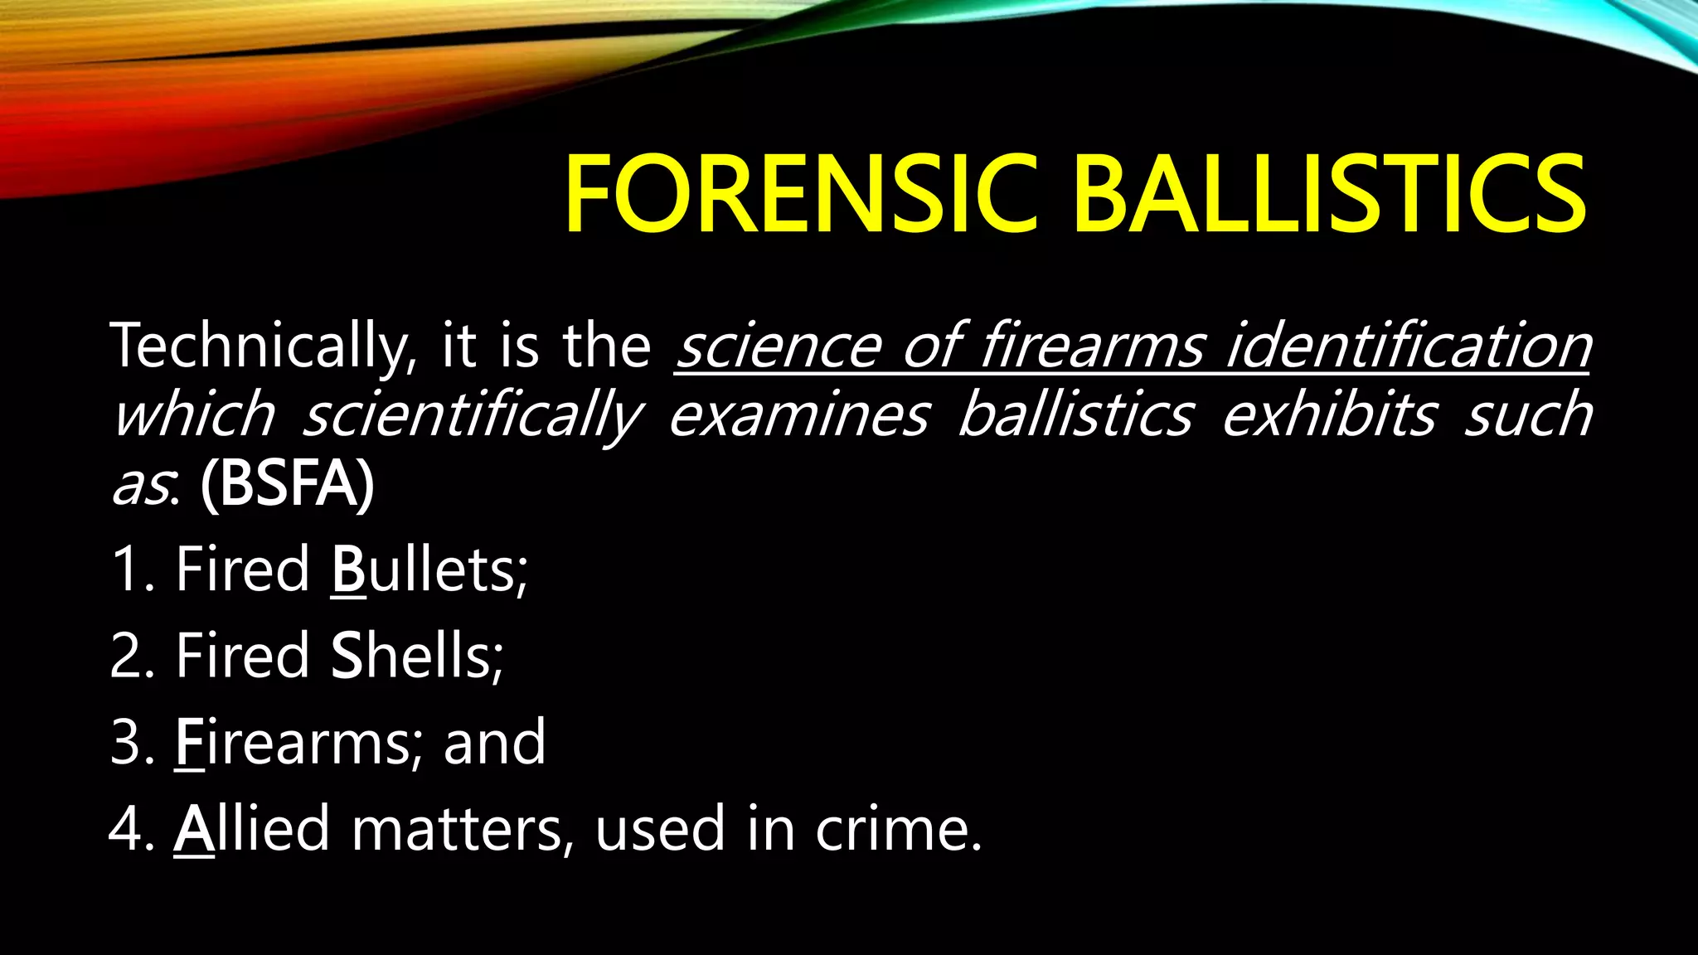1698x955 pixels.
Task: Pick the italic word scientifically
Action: pyautogui.click(x=472, y=414)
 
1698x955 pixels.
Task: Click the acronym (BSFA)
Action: pyautogui.click(x=287, y=484)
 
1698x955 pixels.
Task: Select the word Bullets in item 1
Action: pyautogui.click(x=429, y=570)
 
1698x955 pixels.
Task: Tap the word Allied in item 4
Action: pyautogui.click(x=252, y=828)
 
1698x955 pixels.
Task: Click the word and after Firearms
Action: pyautogui.click(x=495, y=742)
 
